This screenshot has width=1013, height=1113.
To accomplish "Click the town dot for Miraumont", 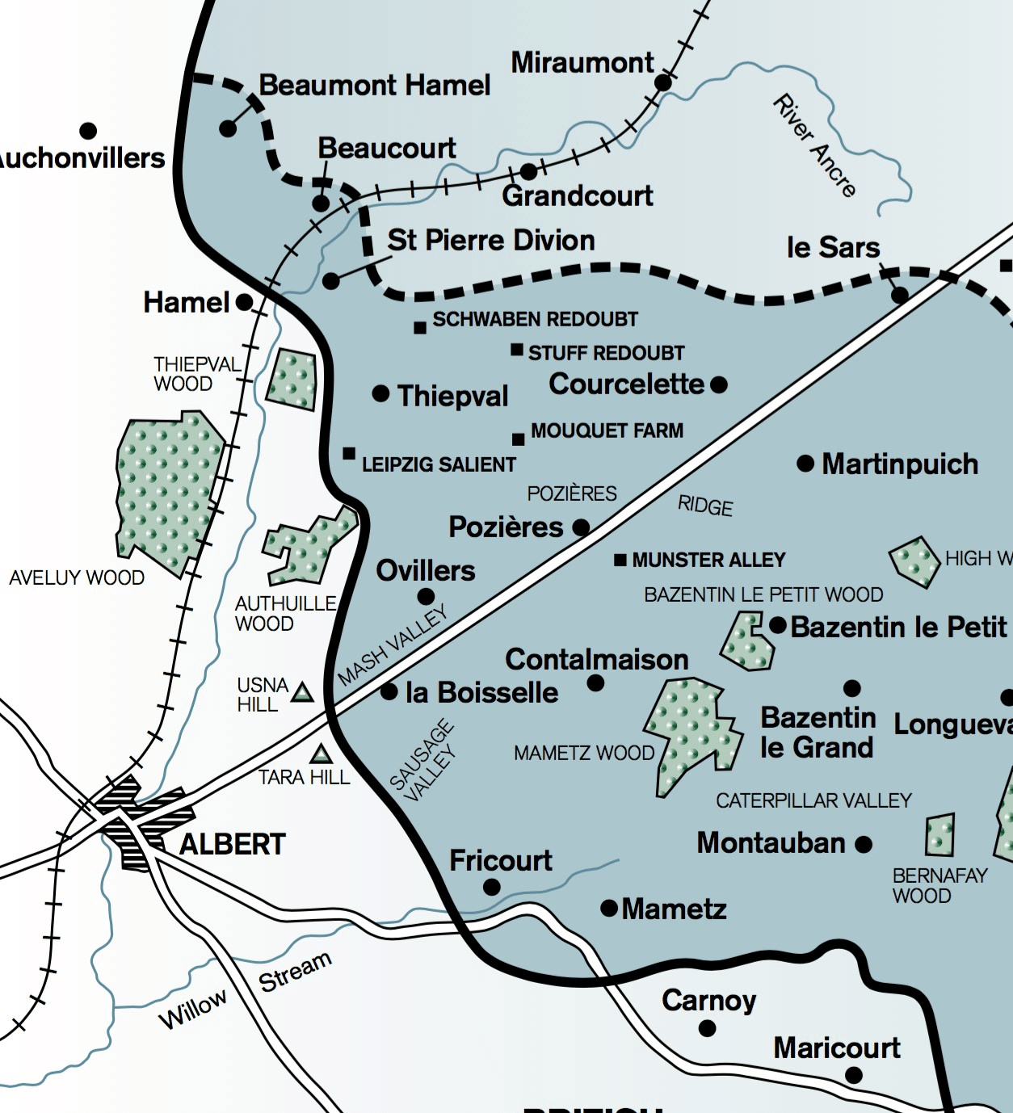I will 663,82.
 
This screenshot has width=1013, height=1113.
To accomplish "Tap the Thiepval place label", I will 452,396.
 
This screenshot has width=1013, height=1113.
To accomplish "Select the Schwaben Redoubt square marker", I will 420,328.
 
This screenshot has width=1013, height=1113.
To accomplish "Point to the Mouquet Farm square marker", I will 519,439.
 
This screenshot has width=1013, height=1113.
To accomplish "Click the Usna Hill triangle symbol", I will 302,692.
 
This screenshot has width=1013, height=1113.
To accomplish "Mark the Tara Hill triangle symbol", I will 322,755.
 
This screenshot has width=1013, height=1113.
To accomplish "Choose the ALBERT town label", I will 233,845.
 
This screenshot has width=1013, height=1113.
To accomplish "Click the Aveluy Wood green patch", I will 166,493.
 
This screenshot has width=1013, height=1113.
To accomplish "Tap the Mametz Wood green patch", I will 691,731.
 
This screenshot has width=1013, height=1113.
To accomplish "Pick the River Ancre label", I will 814,145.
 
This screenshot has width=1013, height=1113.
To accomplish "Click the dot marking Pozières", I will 581,528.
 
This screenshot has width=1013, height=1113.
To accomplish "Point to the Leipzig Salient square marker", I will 349,454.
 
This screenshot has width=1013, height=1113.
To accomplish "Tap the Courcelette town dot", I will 719,384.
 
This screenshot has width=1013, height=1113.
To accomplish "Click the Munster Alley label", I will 708,560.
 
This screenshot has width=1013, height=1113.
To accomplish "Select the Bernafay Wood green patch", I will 939,835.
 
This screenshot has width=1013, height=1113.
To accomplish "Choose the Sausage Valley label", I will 422,762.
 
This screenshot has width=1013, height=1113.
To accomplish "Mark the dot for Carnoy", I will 707,1028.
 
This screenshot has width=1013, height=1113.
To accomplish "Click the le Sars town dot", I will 899,296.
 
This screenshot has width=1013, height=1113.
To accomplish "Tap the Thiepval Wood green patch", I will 292,379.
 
